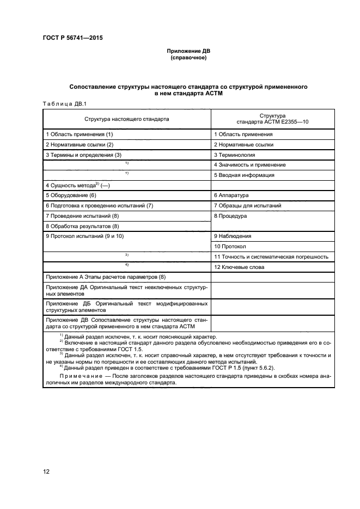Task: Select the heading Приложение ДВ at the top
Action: pos(188,51)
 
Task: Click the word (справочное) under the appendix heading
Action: pos(188,58)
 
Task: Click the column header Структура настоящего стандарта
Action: pos(126,118)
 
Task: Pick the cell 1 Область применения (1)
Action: pos(80,134)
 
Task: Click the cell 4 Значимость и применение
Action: pos(249,165)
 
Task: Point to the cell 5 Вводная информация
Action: pos(243,175)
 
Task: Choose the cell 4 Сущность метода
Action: pos(78,186)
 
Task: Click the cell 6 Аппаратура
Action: pos(231,195)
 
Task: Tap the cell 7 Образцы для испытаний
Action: pos(247,205)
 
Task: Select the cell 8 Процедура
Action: pos(230,216)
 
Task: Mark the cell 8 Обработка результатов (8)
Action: pos(82,226)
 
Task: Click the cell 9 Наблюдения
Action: pos(233,236)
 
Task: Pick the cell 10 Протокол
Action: pos(231,247)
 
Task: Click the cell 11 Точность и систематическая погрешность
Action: pos(271,256)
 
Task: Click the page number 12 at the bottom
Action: pos(46,471)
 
